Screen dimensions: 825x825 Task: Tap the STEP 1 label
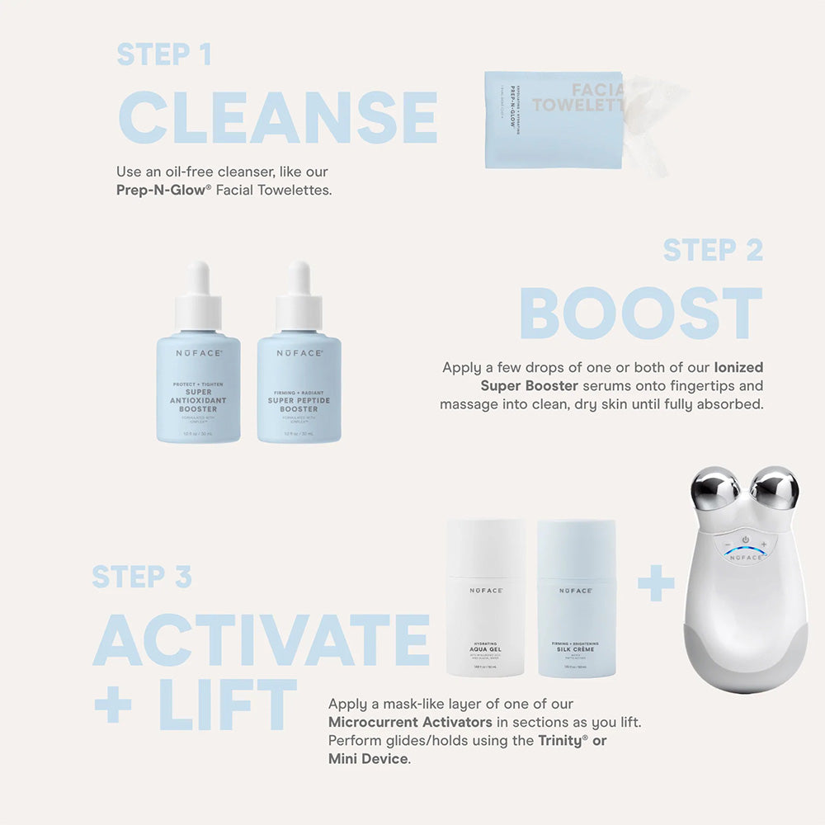164,54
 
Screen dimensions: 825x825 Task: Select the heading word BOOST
640,313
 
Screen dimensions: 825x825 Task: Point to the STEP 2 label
712,250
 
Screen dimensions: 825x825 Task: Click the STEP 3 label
141,577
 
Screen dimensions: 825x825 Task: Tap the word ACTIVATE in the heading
262,640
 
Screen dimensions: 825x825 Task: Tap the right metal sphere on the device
774,488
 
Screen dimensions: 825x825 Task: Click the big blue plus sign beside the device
656,587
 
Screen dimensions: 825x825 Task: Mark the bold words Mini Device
368,758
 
